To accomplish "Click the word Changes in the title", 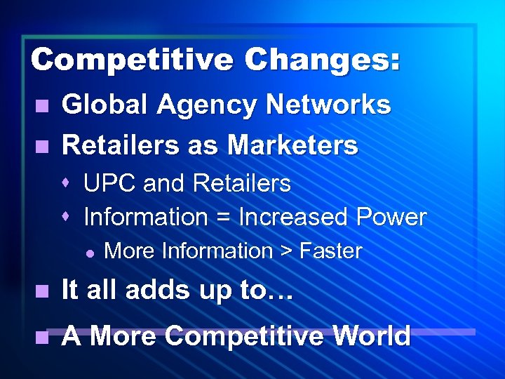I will [x=323, y=60].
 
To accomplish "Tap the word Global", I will [x=105, y=105].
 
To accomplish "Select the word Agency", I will [x=208, y=105].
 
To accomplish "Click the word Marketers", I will [x=292, y=145].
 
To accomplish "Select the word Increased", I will [x=294, y=218].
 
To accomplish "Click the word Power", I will [x=391, y=218].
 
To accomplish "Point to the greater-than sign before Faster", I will [x=285, y=251].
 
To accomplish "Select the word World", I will [x=371, y=336].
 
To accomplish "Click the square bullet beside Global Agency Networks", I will [x=43, y=107].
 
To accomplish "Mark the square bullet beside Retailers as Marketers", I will [x=43, y=147].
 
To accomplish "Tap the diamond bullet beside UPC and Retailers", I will [x=66, y=184].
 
